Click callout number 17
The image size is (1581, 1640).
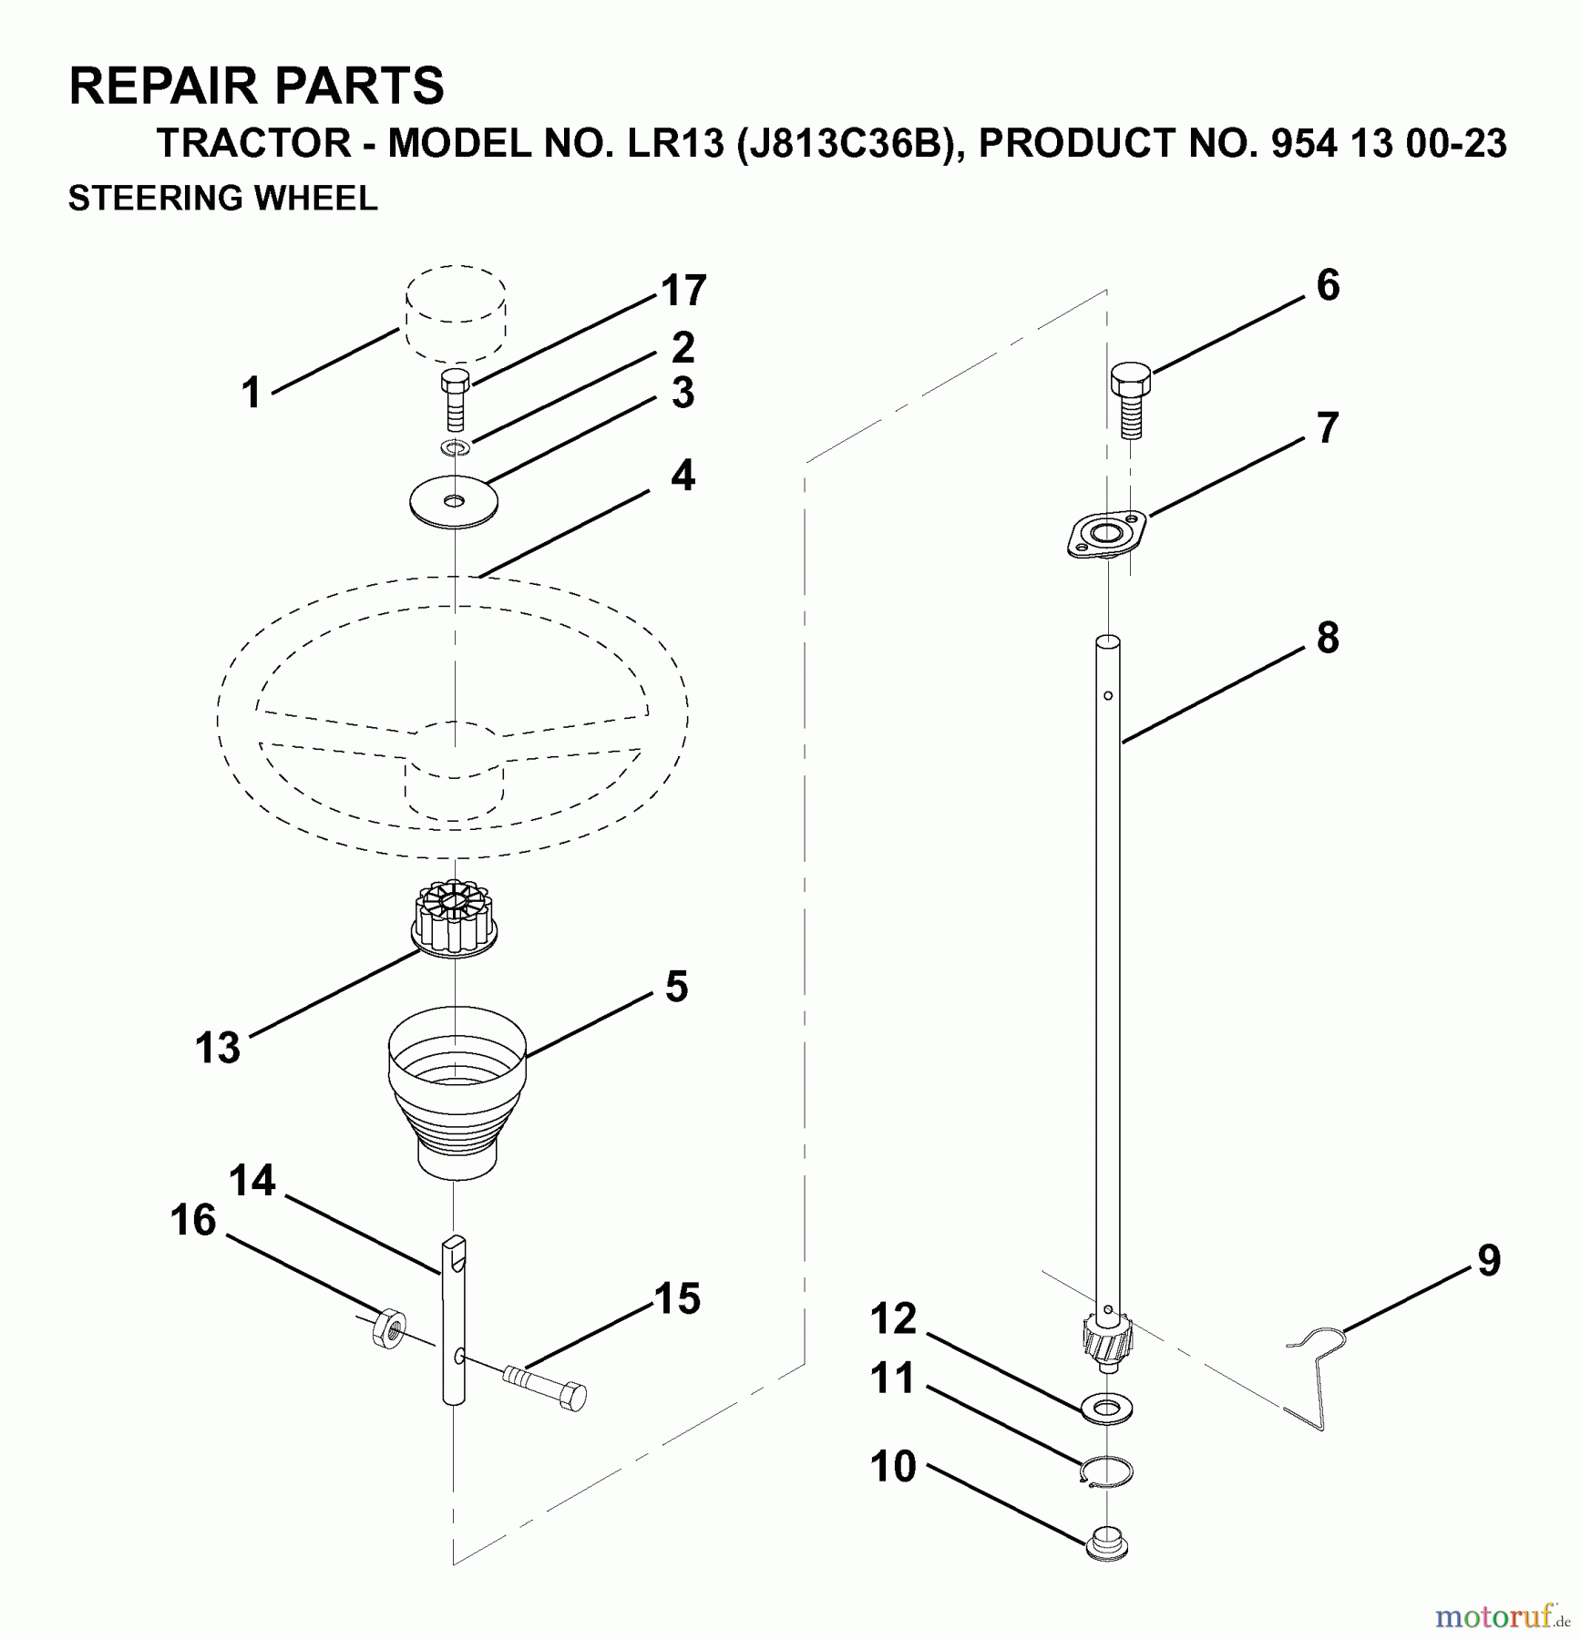point(683,292)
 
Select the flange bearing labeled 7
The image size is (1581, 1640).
point(1105,533)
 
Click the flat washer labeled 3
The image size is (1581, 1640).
point(453,500)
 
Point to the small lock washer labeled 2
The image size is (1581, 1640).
point(453,447)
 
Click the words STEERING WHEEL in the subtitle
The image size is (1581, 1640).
point(222,198)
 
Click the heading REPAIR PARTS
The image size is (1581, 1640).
point(256,86)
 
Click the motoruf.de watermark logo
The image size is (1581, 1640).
point(1501,1616)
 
